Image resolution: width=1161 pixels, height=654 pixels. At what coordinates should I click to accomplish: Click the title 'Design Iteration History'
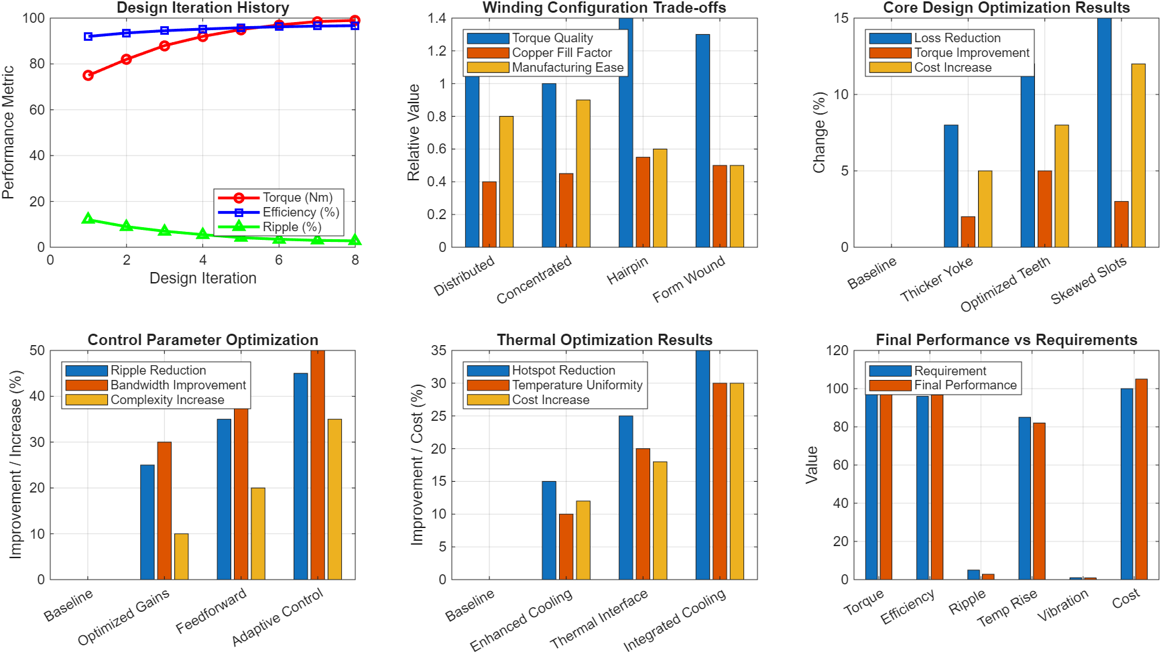(x=202, y=8)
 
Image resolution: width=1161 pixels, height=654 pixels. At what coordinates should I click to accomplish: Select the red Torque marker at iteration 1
(x=88, y=76)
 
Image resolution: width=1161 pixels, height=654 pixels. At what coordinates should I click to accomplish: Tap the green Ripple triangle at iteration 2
(x=126, y=226)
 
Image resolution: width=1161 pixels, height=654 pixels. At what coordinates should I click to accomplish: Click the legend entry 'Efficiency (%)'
(x=300, y=212)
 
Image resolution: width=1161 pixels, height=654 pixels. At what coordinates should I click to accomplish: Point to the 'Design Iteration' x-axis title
(x=202, y=278)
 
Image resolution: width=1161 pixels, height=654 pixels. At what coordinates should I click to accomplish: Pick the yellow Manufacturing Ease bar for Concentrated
(x=583, y=174)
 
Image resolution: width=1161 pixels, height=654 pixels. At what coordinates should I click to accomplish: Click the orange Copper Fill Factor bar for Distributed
(x=489, y=214)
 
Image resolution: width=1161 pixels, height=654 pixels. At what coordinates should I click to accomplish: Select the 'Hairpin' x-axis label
(x=627, y=271)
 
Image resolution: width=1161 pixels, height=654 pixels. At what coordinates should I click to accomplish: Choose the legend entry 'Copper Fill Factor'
(x=562, y=53)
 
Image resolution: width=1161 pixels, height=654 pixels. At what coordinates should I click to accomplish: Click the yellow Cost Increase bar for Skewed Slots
(x=1138, y=155)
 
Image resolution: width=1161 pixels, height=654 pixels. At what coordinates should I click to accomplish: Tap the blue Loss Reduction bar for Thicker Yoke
(x=951, y=186)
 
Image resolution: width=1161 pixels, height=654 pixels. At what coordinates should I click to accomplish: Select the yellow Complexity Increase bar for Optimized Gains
(x=181, y=556)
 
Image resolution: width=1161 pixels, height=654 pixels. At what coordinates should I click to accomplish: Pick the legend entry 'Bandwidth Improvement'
(x=178, y=385)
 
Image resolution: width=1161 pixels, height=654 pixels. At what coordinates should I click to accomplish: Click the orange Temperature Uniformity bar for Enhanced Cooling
(x=566, y=546)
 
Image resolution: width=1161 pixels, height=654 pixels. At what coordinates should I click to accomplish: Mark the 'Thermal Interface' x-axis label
(x=599, y=619)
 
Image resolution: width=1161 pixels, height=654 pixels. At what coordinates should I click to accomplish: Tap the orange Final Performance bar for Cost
(x=1141, y=479)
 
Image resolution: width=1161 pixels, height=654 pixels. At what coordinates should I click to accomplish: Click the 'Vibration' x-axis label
(x=1063, y=606)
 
